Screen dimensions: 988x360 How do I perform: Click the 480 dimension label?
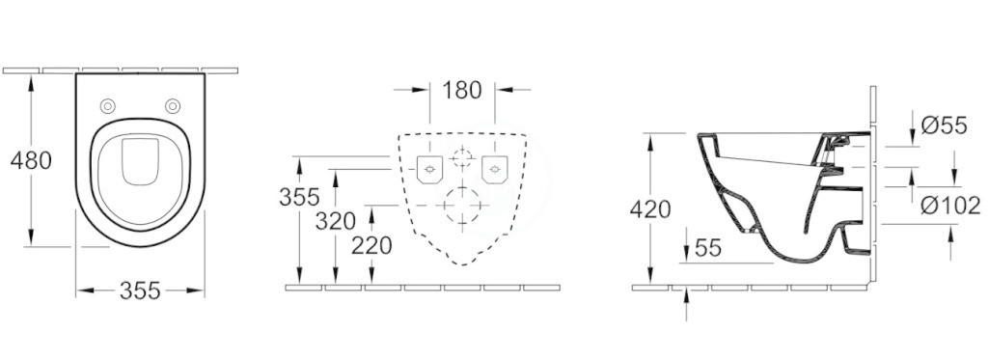click(x=31, y=161)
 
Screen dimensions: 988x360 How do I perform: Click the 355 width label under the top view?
click(x=140, y=291)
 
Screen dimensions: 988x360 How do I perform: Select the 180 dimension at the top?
click(x=461, y=90)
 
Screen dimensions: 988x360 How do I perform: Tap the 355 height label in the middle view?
click(x=299, y=197)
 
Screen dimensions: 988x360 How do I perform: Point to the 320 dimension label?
click(x=335, y=221)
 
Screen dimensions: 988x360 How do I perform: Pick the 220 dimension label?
click(x=371, y=245)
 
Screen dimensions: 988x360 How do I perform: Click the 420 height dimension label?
click(x=650, y=208)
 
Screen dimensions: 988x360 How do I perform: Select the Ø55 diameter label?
click(x=944, y=125)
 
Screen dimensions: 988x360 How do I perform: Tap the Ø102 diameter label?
click(x=949, y=205)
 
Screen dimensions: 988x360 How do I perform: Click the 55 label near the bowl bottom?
click(x=707, y=248)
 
